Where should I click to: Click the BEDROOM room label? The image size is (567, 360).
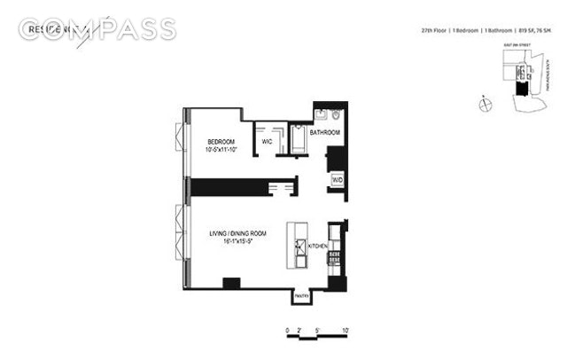[x=221, y=142]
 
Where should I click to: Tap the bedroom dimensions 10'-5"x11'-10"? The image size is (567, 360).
[x=221, y=150]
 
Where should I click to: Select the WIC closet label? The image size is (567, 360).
[x=266, y=140]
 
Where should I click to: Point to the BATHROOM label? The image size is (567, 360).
[x=324, y=133]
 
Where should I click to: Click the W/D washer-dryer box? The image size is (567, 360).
[x=337, y=179]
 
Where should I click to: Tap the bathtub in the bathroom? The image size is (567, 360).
[x=298, y=140]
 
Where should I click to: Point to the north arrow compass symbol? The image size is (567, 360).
[x=485, y=105]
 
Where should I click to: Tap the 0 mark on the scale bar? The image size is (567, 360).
[x=288, y=330]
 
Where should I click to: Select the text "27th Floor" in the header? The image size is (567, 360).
[x=436, y=32]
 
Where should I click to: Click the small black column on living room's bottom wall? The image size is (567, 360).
[x=231, y=284]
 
